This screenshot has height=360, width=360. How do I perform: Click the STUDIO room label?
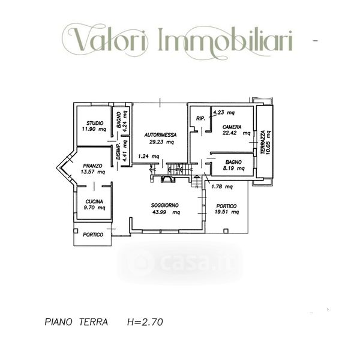point(95,123)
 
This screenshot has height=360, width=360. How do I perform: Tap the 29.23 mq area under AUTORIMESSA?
point(161,142)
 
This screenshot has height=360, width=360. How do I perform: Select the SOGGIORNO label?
point(164,205)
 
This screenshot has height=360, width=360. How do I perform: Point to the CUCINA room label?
point(94,202)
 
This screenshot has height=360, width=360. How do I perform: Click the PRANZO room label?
point(93,166)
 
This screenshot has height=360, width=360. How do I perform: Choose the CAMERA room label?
point(232,127)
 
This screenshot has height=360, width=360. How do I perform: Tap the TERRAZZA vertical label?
point(263,142)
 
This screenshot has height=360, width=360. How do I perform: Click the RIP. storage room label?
point(200,118)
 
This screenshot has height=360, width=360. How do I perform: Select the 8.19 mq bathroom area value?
point(234,168)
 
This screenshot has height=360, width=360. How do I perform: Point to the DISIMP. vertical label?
point(118,152)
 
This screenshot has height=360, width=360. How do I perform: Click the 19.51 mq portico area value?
point(227,212)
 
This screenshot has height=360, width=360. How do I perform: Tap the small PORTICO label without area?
point(93,235)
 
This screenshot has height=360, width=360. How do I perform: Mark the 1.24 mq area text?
point(149,157)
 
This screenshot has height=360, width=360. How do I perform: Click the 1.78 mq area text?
point(222,187)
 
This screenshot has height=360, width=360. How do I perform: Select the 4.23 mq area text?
point(224,113)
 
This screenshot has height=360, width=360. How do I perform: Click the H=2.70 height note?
point(145,322)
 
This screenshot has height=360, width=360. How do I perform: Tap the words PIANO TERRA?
point(76,322)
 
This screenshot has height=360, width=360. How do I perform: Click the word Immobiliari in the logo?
point(226,40)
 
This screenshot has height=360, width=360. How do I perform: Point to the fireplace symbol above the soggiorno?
point(168,179)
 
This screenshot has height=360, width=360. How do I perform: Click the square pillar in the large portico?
point(226,231)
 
